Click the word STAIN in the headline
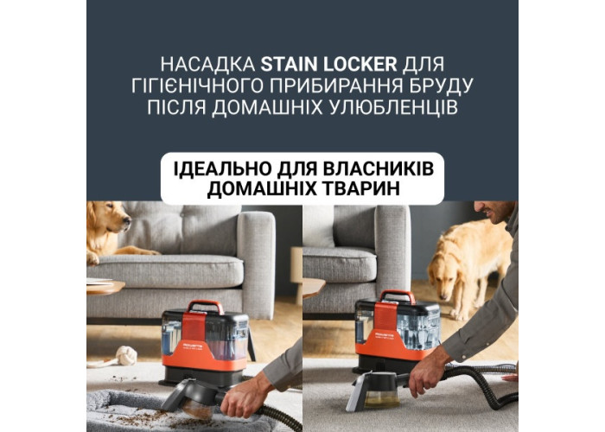289,65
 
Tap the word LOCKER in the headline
360,65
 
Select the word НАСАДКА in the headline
207,65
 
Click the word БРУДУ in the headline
435,86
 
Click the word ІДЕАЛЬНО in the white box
221,168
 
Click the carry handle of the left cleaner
206,307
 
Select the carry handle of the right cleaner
398,296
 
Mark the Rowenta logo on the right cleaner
385,332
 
